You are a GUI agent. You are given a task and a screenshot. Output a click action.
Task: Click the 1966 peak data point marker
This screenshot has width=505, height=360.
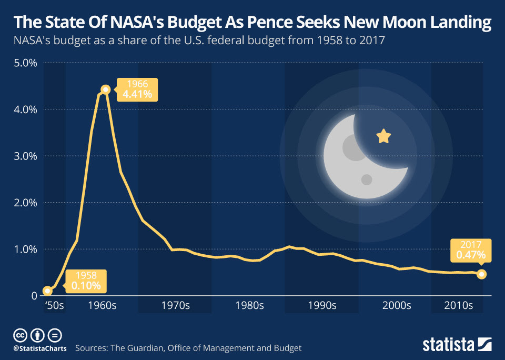coord(105,89)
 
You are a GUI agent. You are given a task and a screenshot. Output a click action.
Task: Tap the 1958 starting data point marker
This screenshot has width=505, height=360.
coord(47,291)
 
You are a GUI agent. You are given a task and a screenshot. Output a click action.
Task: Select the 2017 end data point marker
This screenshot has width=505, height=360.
coord(482,274)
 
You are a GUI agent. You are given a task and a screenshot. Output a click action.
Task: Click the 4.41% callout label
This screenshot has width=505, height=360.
coord(137,89)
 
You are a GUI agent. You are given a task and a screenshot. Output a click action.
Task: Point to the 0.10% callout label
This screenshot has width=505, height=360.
coord(86,281)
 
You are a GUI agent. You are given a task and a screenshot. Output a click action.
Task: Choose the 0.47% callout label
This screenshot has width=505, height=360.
coord(471,251)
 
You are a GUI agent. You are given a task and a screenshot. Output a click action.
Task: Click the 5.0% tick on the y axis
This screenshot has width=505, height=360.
coord(24,63)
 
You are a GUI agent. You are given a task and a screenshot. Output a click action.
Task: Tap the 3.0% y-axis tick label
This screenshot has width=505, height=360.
coord(24,156)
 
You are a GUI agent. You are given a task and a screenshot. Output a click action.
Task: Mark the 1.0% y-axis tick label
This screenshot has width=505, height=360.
coord(24,249)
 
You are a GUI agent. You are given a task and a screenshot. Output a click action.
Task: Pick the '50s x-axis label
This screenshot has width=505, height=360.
coord(54,306)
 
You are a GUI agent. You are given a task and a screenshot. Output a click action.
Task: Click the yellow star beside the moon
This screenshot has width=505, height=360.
coord(384,137)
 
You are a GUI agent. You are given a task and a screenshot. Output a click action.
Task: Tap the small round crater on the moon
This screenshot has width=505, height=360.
coord(367,180)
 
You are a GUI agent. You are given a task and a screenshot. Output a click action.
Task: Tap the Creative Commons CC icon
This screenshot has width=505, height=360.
coord(20,335)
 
